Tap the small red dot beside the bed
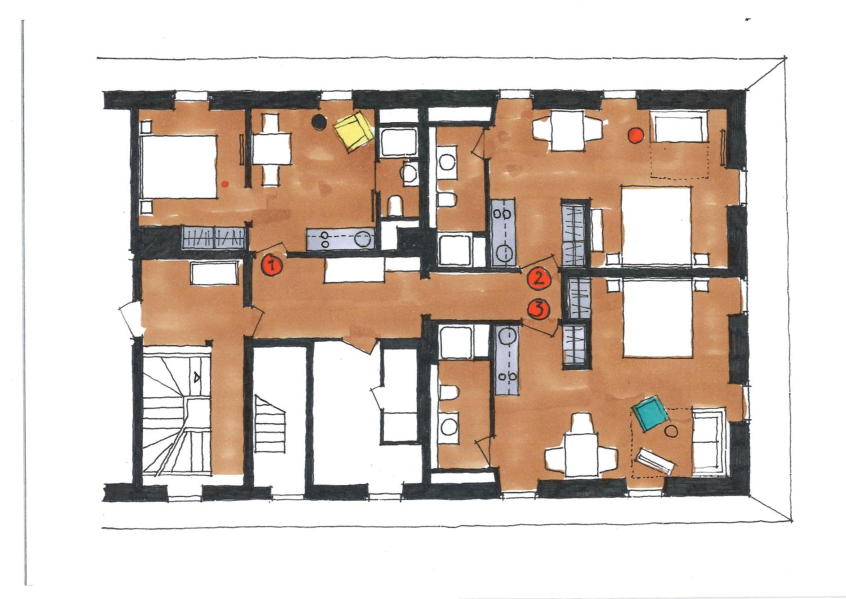click(225, 184)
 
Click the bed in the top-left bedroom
click(179, 167)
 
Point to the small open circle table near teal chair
click(671, 431)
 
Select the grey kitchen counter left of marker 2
click(503, 232)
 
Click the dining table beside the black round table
click(272, 149)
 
